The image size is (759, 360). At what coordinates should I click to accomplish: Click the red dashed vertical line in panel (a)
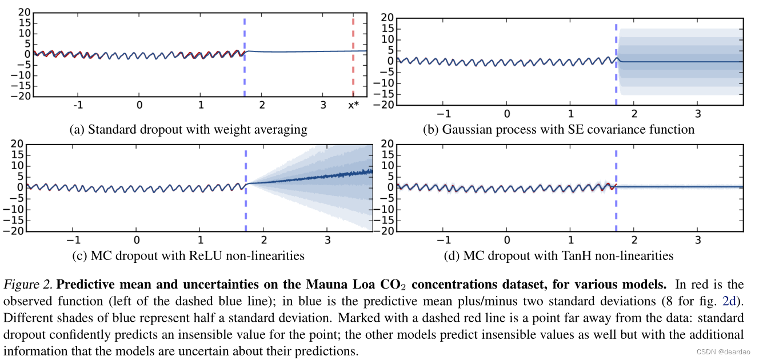[353, 57]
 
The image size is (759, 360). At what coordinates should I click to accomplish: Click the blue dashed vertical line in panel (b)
[616, 63]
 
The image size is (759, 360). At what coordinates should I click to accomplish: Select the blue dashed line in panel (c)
[246, 189]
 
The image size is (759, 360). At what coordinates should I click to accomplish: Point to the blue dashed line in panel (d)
[616, 189]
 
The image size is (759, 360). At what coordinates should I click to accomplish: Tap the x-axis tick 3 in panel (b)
[697, 113]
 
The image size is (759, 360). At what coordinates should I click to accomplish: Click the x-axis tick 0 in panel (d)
[506, 239]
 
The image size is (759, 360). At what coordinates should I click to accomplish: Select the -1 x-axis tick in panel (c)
[71, 239]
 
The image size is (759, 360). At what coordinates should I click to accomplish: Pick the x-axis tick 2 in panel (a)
[262, 106]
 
